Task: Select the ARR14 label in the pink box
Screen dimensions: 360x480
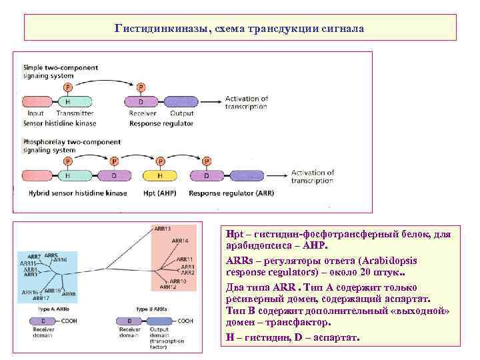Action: [x=180, y=240]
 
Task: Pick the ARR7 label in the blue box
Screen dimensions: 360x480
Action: [x=34, y=257]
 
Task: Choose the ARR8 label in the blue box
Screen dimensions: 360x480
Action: [x=70, y=293]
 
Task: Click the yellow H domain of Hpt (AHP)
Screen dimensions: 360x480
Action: [x=159, y=177]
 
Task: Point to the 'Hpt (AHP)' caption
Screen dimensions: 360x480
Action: [x=161, y=193]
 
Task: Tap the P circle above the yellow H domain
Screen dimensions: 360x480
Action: [x=159, y=161]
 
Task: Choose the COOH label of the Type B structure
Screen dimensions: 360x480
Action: [x=185, y=321]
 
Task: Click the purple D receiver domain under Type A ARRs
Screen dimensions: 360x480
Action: [x=35, y=321]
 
